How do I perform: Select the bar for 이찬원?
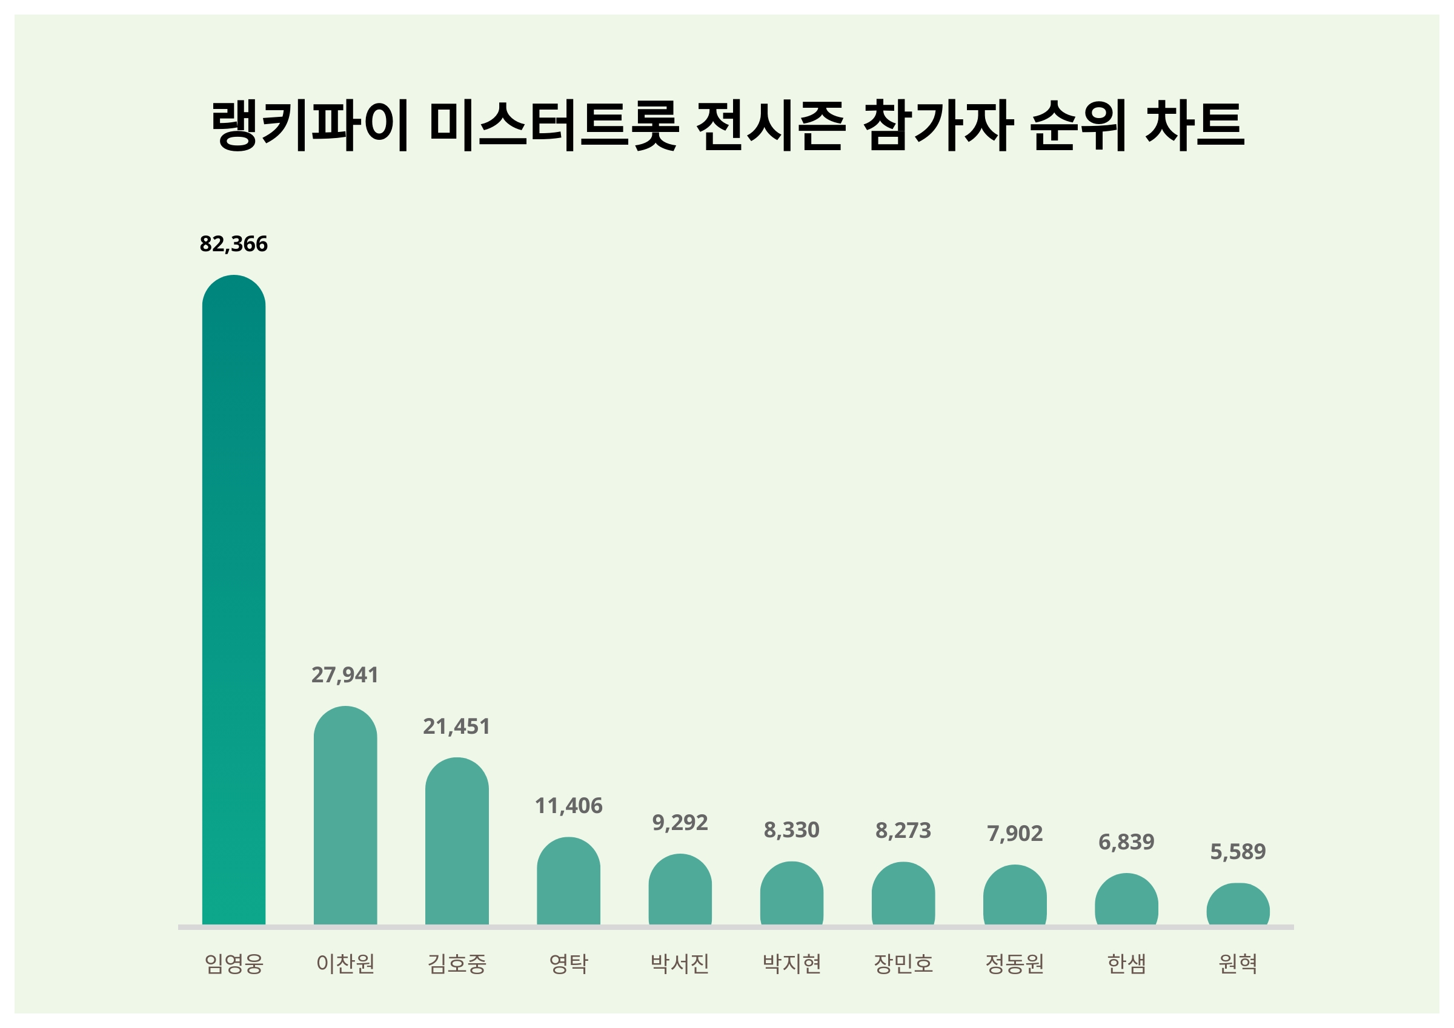click(345, 816)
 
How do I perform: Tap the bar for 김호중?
click(457, 842)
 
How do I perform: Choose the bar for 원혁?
click(1238, 904)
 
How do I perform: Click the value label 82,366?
click(234, 244)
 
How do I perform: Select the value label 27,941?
click(345, 675)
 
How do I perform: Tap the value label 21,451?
click(457, 726)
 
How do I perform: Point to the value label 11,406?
click(568, 806)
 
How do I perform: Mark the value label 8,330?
click(792, 830)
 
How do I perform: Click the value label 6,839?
click(1126, 842)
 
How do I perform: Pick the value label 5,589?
click(1238, 851)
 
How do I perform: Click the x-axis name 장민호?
click(903, 963)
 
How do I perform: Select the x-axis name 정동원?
click(1015, 963)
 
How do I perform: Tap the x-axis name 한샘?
click(1126, 963)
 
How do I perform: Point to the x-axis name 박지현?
click(792, 963)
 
